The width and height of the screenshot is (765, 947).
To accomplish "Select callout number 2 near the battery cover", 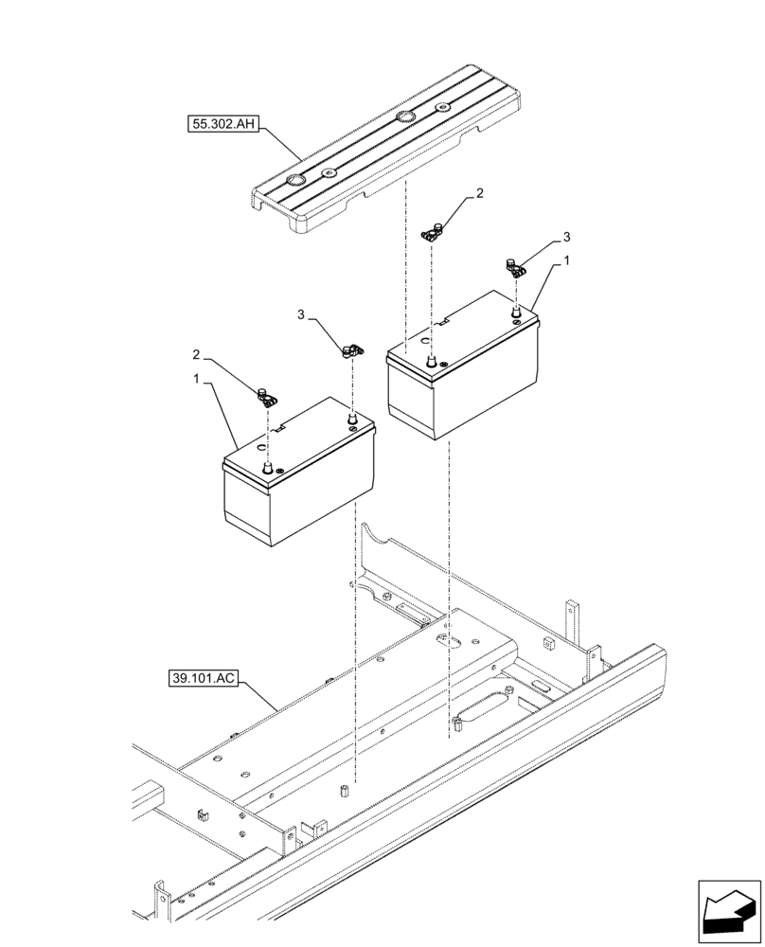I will tap(480, 193).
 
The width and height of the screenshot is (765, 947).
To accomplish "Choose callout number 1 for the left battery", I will tap(195, 379).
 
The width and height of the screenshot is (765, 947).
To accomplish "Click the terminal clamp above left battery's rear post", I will tap(350, 351).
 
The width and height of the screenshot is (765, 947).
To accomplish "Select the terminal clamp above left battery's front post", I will tap(266, 396).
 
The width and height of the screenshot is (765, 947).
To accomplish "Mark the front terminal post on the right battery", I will tap(432, 361).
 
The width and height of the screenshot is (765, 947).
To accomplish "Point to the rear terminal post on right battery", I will tap(516, 310).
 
